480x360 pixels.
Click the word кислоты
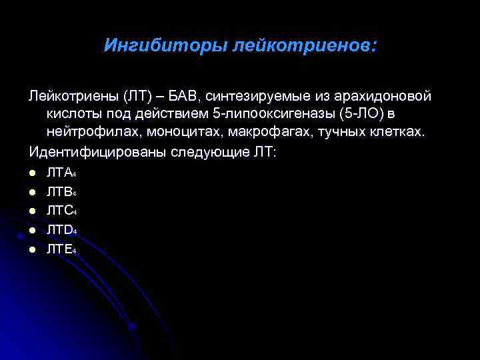coord(74,115)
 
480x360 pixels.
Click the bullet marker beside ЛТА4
coord(31,173)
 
